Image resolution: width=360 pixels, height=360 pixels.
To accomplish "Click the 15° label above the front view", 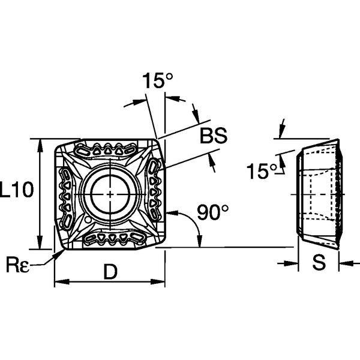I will (158, 81).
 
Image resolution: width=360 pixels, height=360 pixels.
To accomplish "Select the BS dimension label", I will (214, 137).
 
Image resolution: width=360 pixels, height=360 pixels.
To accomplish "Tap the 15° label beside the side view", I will (259, 172).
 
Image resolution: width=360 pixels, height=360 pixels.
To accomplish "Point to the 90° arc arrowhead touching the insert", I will (170, 212).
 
